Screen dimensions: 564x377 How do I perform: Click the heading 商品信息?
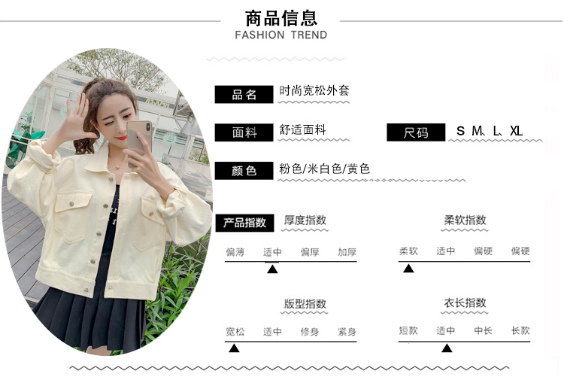(281, 17)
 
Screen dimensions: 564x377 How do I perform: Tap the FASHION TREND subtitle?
(281, 35)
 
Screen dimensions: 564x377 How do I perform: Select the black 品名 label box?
(244, 95)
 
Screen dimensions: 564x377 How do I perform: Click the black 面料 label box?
(244, 132)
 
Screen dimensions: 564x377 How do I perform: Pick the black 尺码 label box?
(416, 132)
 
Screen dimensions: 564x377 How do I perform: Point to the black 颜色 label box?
(244, 171)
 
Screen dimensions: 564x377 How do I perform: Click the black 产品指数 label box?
(244, 223)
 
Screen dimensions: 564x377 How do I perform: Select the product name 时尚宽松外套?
(314, 91)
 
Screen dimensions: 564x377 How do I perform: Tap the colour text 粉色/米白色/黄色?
(324, 169)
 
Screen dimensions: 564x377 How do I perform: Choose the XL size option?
(516, 131)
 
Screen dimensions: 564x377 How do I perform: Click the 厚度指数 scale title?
(305, 220)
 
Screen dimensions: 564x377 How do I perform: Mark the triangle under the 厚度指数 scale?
(272, 269)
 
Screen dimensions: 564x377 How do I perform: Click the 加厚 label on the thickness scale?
(347, 252)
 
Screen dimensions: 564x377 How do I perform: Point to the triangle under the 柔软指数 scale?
(408, 269)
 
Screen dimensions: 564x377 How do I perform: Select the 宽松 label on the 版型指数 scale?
(235, 332)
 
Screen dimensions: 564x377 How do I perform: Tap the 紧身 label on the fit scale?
(347, 332)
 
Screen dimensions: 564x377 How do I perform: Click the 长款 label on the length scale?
(520, 330)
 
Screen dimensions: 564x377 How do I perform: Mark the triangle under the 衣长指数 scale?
(447, 348)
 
